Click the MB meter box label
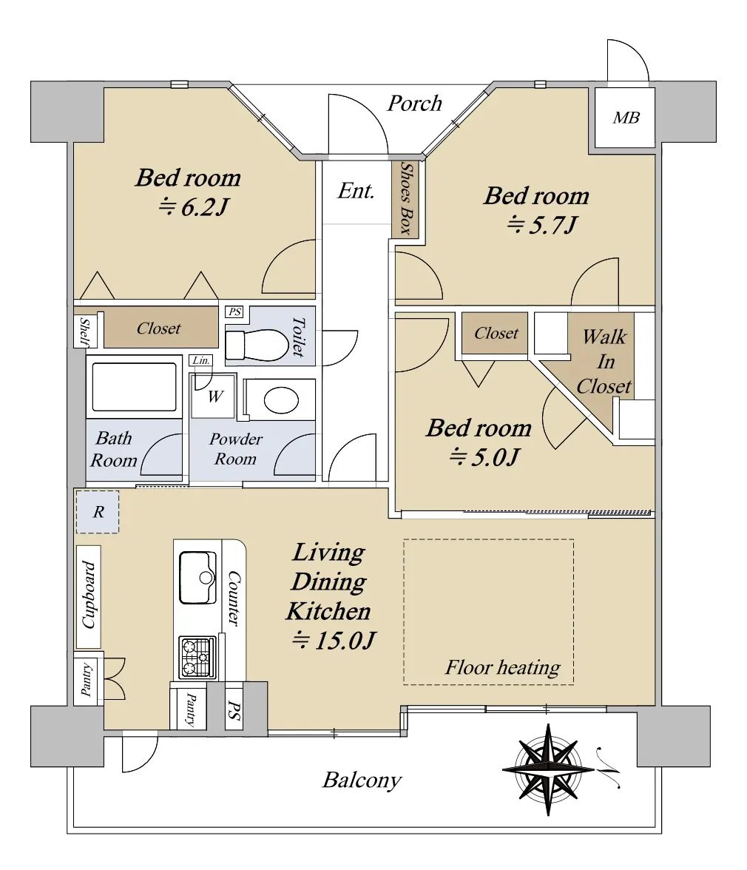(626, 118)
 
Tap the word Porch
(414, 104)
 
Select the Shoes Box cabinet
(405, 198)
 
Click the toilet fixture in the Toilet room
(257, 345)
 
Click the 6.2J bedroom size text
(194, 207)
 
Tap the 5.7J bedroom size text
(542, 225)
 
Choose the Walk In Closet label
(604, 361)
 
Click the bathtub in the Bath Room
(134, 387)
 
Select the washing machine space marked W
(214, 397)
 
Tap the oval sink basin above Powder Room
(281, 399)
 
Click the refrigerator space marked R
(98, 512)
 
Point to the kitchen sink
(197, 578)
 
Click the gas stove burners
(197, 658)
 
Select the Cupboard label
(89, 596)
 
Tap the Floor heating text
(502, 667)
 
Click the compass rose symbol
(549, 769)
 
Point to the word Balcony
(362, 780)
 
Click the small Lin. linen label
(200, 361)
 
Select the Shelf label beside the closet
(85, 331)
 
